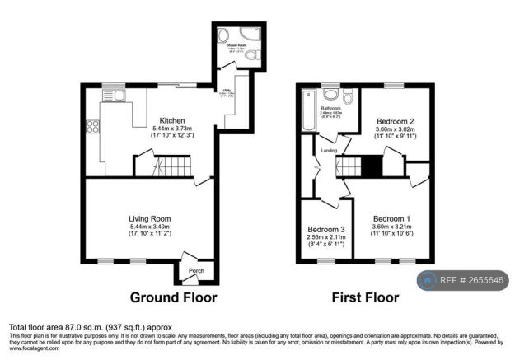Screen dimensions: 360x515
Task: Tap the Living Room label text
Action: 150,218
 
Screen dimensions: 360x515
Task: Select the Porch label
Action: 196,271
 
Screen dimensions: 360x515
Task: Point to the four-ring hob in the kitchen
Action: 92,129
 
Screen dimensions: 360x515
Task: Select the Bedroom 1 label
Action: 391,218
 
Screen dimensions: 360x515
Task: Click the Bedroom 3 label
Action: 325,229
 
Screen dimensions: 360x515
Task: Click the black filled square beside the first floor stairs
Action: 372,166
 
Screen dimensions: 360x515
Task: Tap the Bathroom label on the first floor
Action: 332,108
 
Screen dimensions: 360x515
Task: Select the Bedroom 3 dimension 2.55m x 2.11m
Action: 325,237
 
